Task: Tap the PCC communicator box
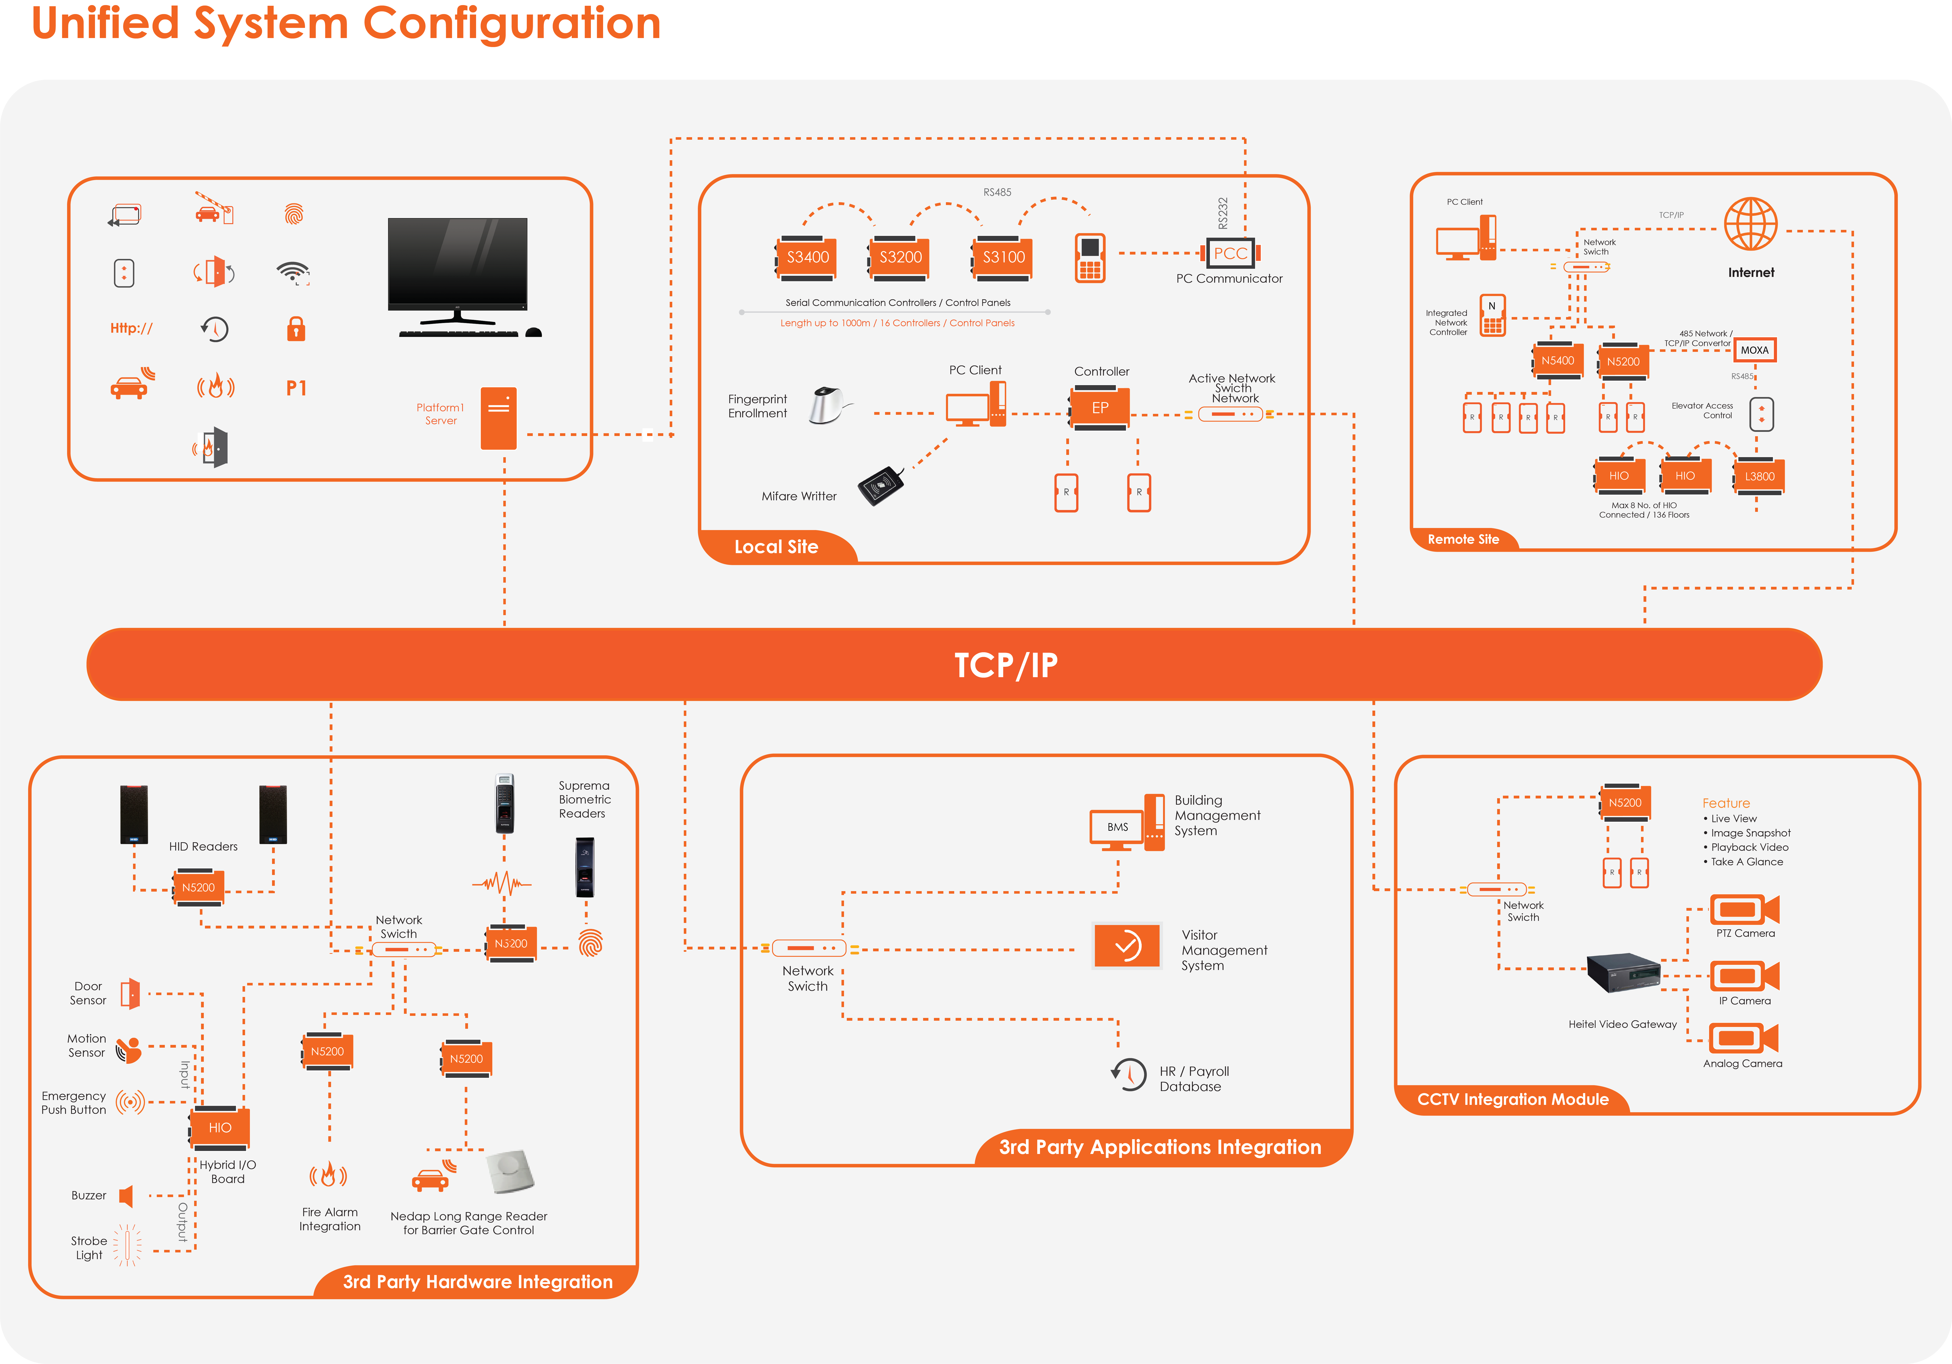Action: (1230, 252)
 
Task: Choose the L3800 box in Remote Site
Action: (1759, 476)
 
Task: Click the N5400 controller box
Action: (1558, 361)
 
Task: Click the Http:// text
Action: (131, 328)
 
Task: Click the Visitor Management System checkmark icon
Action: (1126, 946)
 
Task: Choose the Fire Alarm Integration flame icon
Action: (328, 1175)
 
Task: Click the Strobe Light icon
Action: (127, 1246)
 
